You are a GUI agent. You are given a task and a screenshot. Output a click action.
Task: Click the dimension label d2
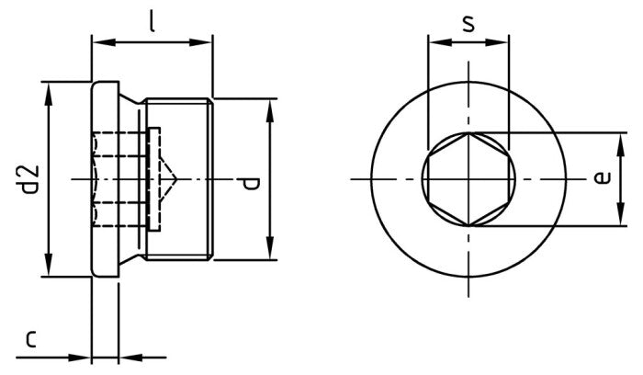tap(29, 178)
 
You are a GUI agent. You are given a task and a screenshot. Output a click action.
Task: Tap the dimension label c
tap(31, 340)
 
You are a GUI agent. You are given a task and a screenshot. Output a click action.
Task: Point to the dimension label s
tap(468, 22)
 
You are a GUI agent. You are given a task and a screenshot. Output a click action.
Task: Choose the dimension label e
tap(602, 177)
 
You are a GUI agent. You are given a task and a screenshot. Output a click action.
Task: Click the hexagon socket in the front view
tap(468, 178)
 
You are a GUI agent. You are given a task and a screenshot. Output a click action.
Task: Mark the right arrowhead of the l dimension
tap(207, 40)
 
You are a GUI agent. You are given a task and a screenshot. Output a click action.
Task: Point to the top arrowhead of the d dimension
tap(270, 107)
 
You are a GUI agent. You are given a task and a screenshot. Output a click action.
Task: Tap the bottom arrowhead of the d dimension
tap(270, 254)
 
